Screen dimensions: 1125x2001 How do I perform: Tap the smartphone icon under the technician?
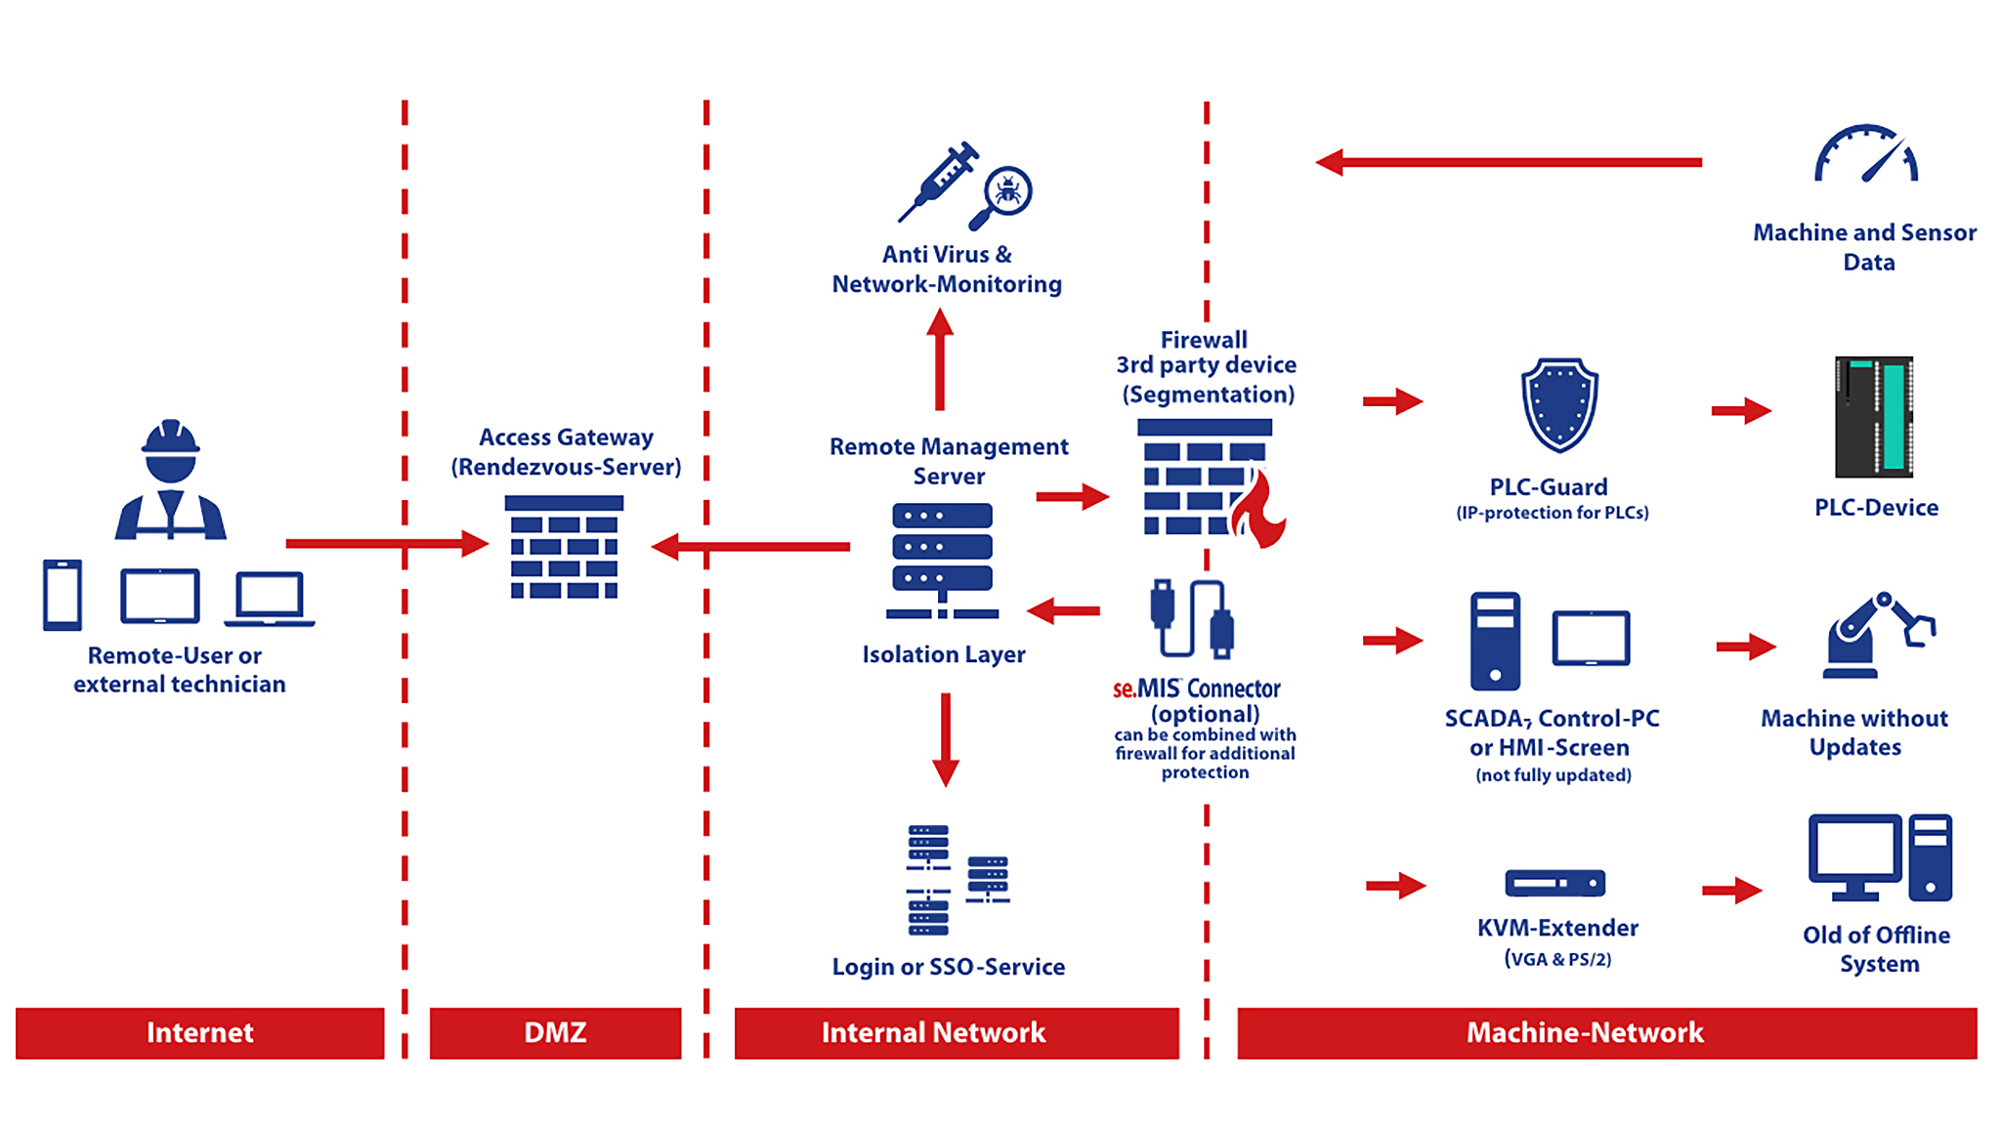click(x=63, y=595)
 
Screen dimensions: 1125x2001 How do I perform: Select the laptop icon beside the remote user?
click(x=270, y=598)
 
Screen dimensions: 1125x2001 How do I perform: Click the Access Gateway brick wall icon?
click(x=564, y=547)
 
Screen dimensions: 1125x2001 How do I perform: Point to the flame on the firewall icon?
click(x=1260, y=510)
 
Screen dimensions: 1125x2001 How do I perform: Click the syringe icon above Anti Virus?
click(x=939, y=182)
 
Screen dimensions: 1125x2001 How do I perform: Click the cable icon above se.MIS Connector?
click(x=1192, y=618)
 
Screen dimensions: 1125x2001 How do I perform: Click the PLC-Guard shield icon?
click(x=1559, y=405)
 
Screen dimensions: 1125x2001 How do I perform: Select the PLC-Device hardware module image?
click(x=1873, y=417)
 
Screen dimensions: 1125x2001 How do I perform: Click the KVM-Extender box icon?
click(x=1554, y=883)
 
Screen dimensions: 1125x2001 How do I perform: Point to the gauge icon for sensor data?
click(x=1866, y=156)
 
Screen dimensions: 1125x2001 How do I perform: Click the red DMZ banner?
click(x=555, y=1033)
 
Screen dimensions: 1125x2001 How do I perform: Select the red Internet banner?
click(x=199, y=1033)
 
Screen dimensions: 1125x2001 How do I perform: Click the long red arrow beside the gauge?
click(x=1510, y=162)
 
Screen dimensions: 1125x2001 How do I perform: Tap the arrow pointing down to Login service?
click(x=945, y=739)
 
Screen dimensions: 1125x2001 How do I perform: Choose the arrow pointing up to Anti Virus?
click(x=940, y=359)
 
